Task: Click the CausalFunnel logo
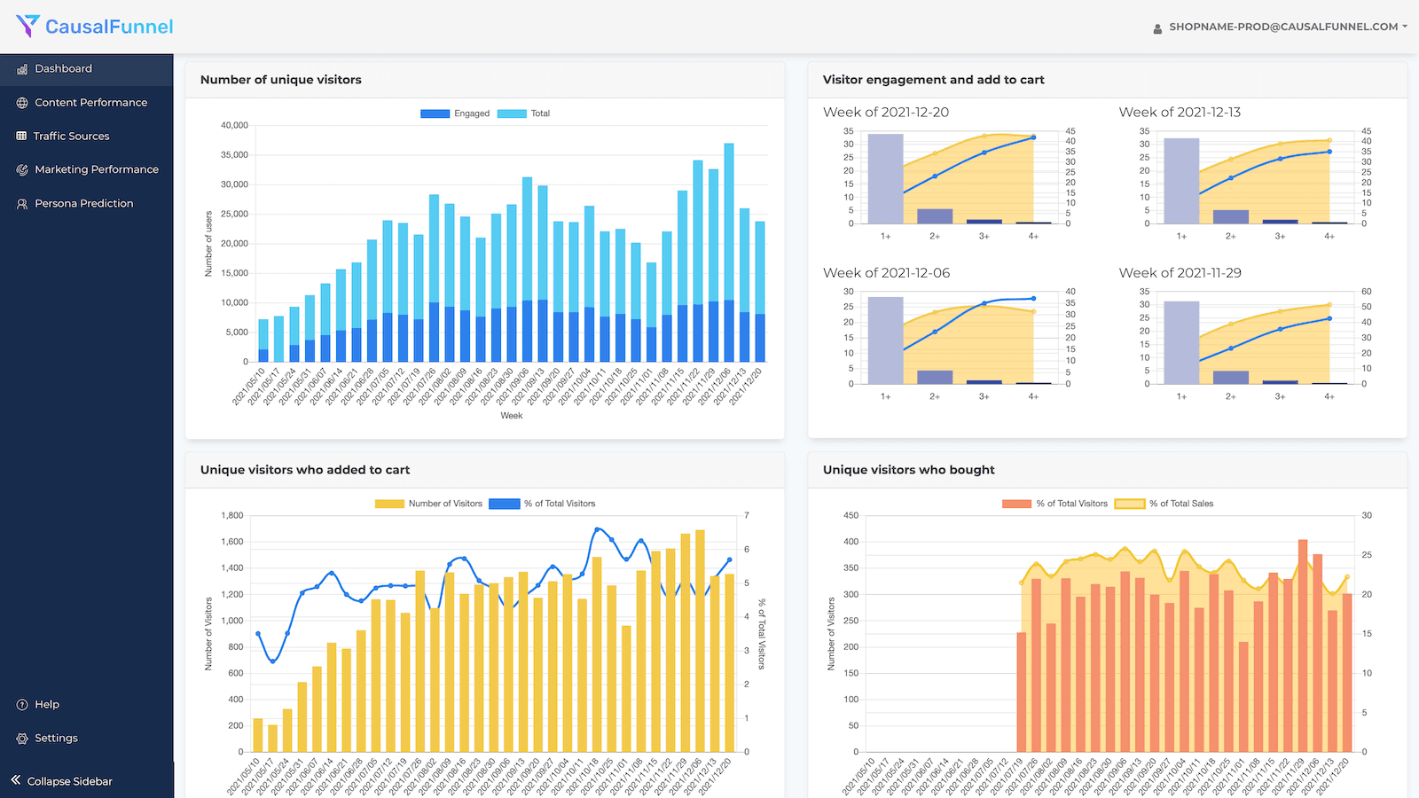[95, 27]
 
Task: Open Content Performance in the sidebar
[90, 103]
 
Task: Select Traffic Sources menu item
[71, 137]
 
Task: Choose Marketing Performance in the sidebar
[96, 169]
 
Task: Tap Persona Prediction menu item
[83, 204]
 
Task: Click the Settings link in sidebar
[56, 739]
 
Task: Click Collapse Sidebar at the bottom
[69, 782]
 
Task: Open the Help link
[47, 705]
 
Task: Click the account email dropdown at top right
[1282, 27]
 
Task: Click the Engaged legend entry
[456, 113]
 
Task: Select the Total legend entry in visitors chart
[525, 113]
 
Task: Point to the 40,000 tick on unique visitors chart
[234, 126]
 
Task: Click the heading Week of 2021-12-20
[885, 113]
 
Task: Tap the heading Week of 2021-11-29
[1180, 273]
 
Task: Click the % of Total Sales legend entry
[1164, 504]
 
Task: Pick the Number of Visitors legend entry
[429, 504]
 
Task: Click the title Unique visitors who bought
[908, 470]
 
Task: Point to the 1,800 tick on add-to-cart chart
[231, 516]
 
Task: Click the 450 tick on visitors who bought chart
[851, 516]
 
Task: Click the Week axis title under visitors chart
[512, 416]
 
